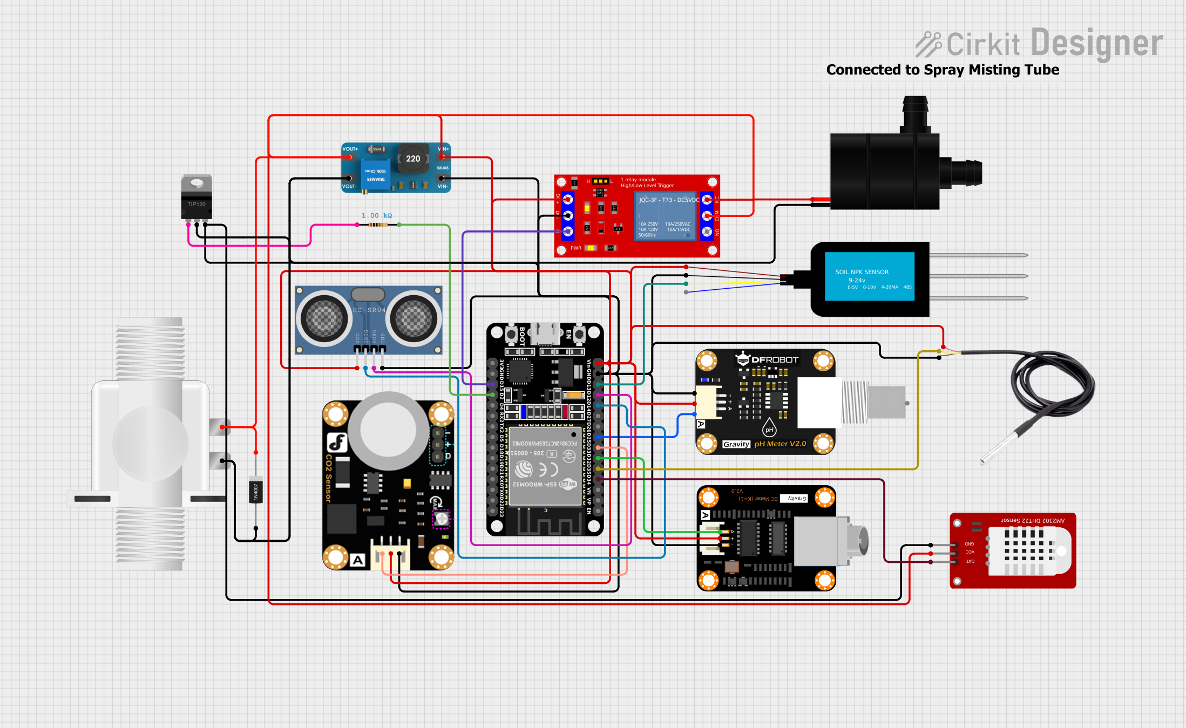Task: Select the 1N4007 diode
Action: [256, 490]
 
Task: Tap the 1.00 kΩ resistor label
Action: [376, 215]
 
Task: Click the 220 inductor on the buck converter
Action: [413, 159]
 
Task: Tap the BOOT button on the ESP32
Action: [511, 335]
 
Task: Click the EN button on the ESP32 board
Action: [579, 335]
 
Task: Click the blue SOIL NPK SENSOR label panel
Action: [869, 276]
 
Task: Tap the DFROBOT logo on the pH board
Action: [768, 359]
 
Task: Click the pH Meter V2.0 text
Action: [780, 444]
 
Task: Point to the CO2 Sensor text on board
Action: [329, 478]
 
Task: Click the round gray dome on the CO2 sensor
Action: [388, 429]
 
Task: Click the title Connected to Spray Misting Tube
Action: [942, 70]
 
